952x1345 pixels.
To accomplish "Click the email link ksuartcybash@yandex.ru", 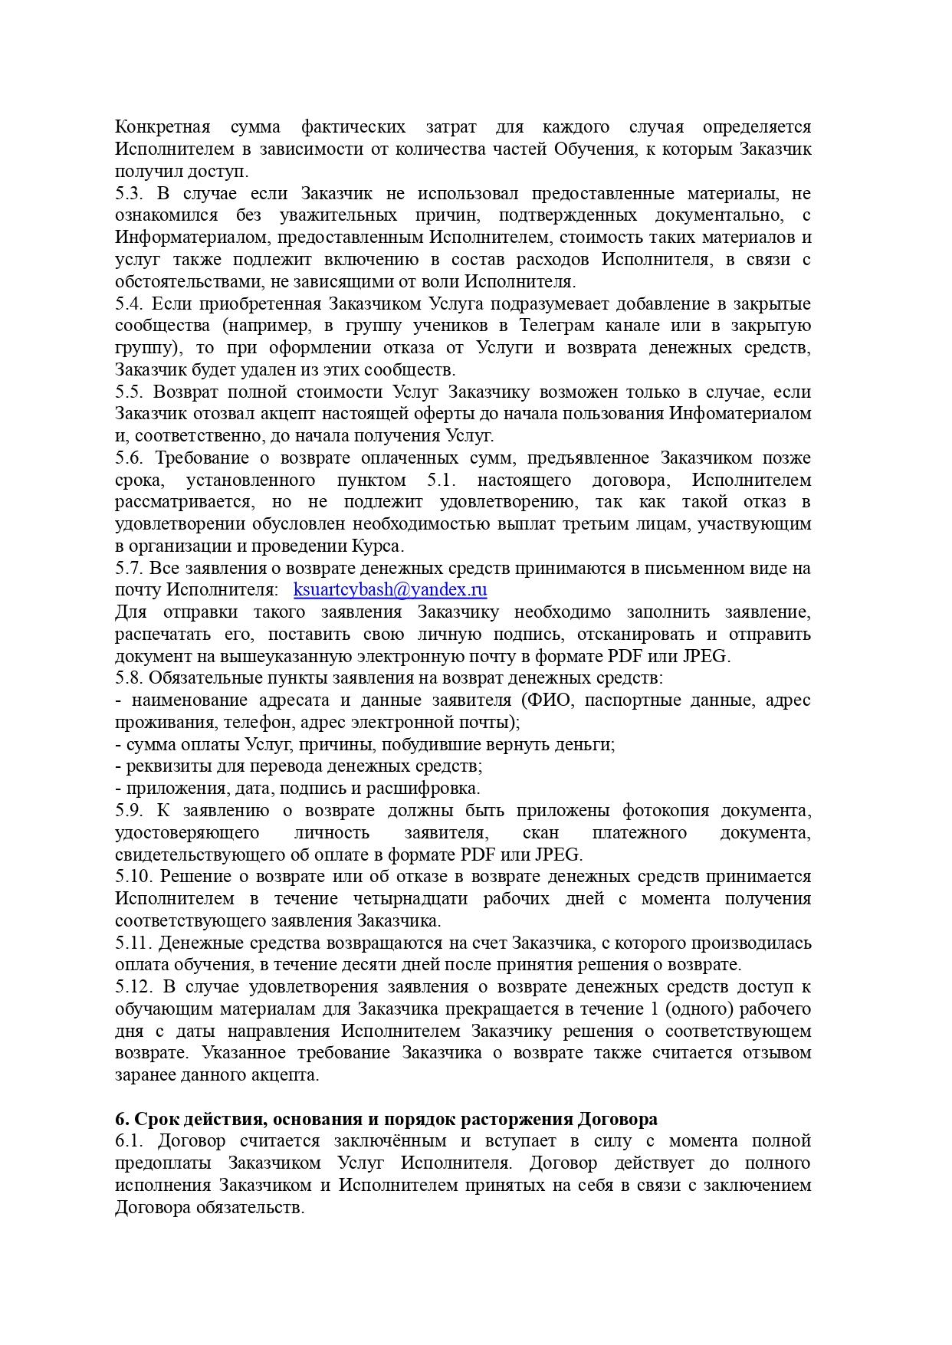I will click(390, 589).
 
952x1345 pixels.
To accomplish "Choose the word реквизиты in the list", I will click(164, 766).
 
